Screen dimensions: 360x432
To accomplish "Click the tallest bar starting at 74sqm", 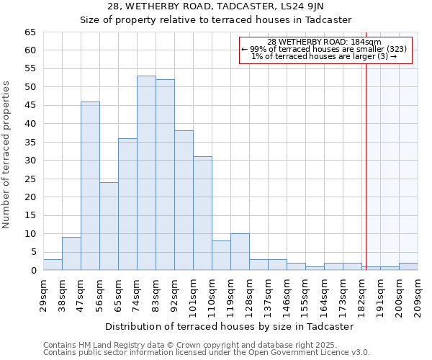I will [146, 173].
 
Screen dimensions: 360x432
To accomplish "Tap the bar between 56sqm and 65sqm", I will [109, 226].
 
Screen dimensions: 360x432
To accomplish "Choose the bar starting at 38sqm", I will [71, 253].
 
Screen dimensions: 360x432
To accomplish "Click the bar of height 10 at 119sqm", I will [240, 252].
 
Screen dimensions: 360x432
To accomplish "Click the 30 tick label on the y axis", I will [30, 161].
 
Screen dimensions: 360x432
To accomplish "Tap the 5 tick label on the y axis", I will [33, 252].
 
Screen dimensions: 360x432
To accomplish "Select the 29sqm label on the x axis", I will [44, 294].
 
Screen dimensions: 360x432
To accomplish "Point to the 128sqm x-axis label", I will [250, 294].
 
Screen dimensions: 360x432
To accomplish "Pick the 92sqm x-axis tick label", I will [175, 294].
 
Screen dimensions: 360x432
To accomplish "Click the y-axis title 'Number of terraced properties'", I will [7, 154].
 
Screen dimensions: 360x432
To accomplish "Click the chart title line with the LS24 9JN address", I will [215, 6].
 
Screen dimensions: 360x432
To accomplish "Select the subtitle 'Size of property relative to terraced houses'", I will [215, 19].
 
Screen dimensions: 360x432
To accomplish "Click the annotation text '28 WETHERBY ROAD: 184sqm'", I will [324, 42].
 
